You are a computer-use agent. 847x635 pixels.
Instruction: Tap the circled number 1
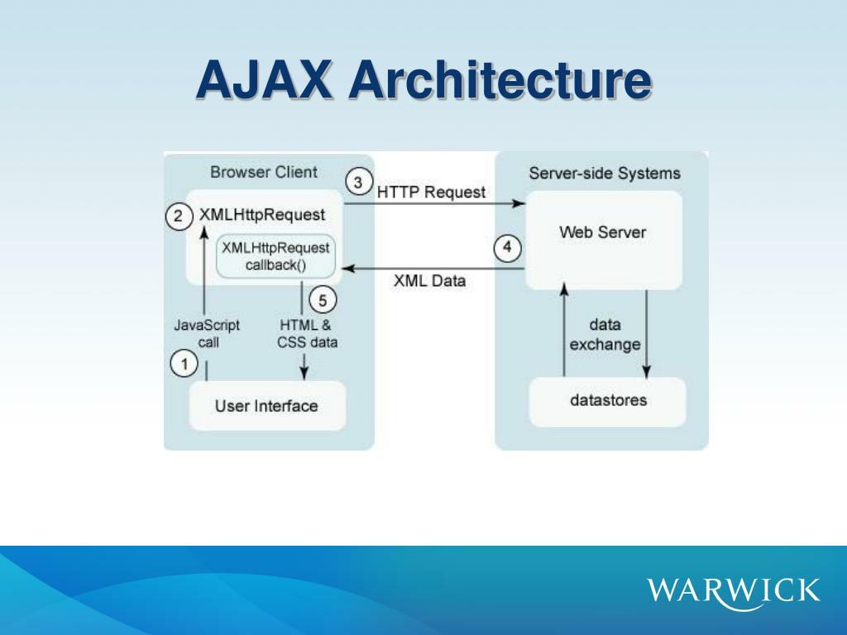click(184, 364)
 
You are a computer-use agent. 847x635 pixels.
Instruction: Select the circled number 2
click(179, 217)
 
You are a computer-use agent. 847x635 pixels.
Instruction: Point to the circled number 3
click(358, 183)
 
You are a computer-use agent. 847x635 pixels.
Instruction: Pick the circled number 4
click(508, 248)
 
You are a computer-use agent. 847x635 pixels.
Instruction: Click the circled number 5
click(323, 299)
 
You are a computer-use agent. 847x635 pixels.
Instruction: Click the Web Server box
click(604, 241)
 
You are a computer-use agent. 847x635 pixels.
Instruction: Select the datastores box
click(608, 402)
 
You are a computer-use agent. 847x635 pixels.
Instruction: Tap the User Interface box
click(267, 406)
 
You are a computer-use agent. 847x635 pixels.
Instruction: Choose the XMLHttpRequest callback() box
click(275, 256)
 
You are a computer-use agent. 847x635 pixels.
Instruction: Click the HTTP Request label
click(431, 192)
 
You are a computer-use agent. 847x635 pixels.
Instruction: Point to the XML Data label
click(429, 281)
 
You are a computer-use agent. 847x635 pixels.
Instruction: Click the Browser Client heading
click(264, 172)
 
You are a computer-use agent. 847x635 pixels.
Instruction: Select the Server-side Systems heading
click(605, 174)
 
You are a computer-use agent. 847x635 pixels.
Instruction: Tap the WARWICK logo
click(733, 591)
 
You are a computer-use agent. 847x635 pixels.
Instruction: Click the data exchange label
click(605, 335)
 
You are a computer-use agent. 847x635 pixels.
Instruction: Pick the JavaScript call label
click(207, 334)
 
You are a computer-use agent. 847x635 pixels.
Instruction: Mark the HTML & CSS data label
click(307, 334)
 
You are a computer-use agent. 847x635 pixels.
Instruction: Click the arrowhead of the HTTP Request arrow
click(519, 203)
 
